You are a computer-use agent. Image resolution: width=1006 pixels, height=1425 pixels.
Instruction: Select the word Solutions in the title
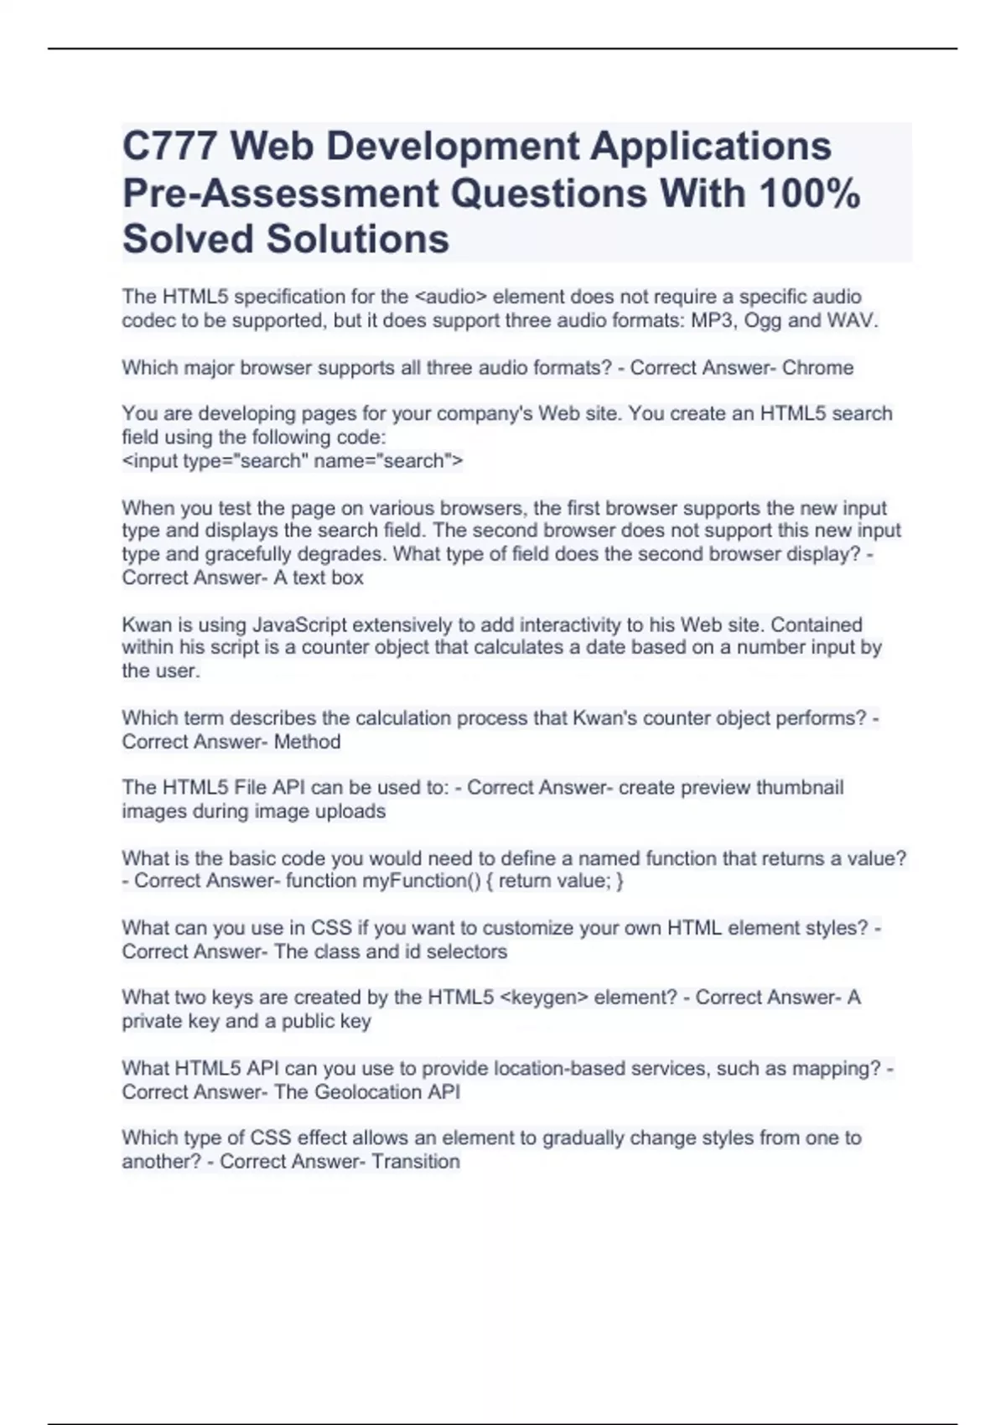(358, 239)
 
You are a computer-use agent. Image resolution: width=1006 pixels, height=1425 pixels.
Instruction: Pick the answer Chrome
(817, 368)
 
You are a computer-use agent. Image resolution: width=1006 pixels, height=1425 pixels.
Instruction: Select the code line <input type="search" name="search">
(293, 461)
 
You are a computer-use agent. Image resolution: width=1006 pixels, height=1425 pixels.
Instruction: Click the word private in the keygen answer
(152, 1021)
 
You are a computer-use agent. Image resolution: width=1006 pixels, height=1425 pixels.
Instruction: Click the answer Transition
(416, 1162)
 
